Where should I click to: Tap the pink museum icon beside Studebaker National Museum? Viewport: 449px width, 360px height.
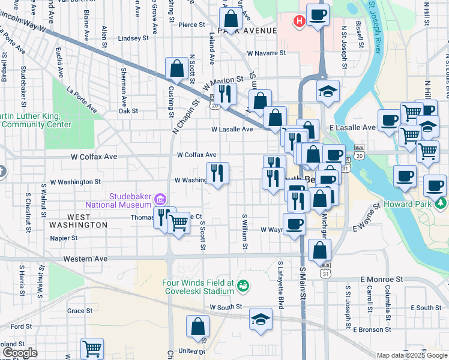coord(160,198)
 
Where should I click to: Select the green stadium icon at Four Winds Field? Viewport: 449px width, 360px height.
coord(243,284)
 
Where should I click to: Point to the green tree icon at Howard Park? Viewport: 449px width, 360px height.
coord(442,203)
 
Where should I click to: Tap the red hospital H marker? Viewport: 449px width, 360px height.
coord(299,22)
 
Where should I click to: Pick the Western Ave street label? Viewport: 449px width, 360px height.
coord(85,259)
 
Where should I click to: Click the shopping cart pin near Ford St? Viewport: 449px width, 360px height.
coord(92,347)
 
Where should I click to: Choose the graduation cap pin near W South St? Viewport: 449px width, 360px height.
coord(261,319)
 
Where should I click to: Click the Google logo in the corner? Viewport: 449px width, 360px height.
coord(20,353)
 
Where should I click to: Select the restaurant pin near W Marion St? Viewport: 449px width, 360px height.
coord(225,93)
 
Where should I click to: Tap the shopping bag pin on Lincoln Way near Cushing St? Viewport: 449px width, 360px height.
coord(177,68)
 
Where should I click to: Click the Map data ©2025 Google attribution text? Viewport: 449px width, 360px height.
coord(412,355)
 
